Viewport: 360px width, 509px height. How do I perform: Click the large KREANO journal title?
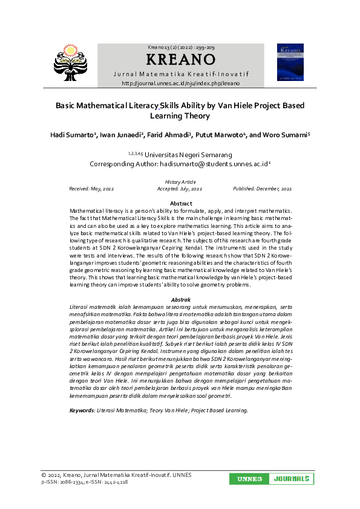180,60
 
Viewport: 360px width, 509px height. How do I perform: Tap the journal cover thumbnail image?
290,62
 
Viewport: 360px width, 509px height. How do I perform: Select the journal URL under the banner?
180,83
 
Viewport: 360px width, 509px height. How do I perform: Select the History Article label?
180,182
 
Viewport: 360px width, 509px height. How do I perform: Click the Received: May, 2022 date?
92,189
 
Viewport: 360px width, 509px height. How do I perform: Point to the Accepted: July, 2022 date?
180,189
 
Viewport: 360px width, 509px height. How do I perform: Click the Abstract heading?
181,203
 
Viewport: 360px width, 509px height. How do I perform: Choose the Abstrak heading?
181,300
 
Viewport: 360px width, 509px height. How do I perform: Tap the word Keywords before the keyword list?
82,393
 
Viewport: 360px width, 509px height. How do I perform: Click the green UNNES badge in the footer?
249,479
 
